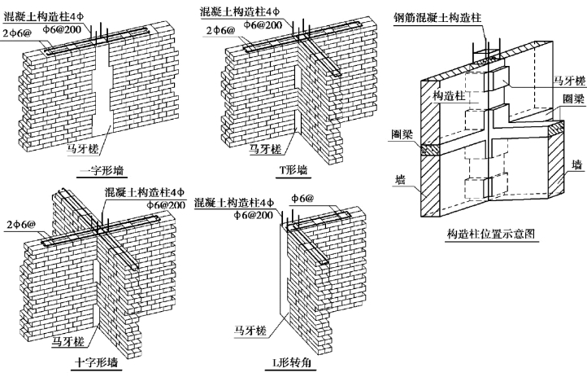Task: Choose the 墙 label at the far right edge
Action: pos(575,164)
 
